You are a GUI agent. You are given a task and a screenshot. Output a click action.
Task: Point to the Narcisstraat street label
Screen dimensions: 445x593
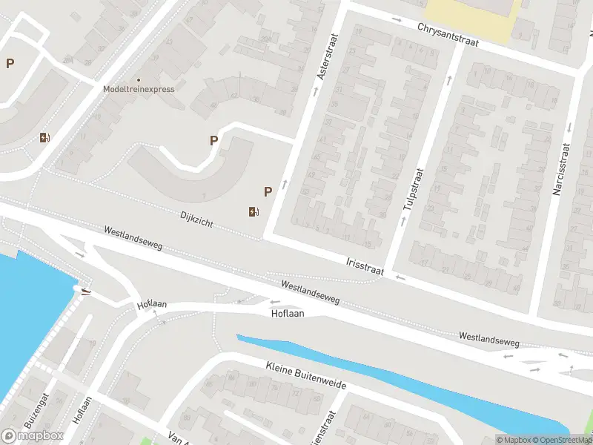(560, 169)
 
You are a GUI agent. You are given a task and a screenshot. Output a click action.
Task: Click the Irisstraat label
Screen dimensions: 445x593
(365, 266)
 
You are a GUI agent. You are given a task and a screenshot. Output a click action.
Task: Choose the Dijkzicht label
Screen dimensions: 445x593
(196, 218)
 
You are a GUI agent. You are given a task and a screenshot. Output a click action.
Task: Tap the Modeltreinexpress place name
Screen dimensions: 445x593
(139, 89)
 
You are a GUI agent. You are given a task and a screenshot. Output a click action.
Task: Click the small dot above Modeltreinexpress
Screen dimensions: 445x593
(139, 79)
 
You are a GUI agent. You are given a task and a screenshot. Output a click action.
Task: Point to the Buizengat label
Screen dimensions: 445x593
(35, 410)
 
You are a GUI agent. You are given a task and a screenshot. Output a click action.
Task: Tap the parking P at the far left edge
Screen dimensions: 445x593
(10, 64)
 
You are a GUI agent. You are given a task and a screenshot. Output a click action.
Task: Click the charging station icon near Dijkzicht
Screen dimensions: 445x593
(254, 212)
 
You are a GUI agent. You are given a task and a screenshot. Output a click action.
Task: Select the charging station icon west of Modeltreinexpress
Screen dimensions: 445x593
(44, 137)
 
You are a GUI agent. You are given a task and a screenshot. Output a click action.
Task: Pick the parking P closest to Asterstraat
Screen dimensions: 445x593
(268, 191)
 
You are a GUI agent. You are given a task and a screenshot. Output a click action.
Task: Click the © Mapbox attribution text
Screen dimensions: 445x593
(514, 440)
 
